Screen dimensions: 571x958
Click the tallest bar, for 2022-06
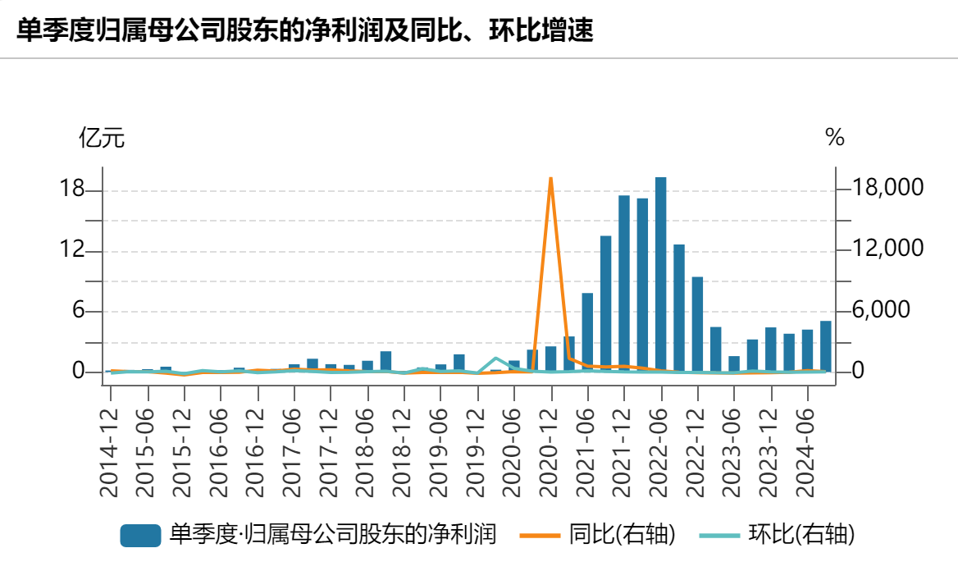point(660,274)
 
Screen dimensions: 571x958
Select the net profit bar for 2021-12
point(624,283)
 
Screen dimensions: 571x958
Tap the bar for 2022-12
point(697,324)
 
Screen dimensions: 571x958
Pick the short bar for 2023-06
point(734,363)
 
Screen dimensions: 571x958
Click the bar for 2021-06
point(587,332)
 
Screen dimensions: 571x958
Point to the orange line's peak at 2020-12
point(551,178)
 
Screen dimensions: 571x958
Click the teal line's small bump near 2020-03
point(495,359)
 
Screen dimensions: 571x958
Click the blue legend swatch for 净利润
point(139,536)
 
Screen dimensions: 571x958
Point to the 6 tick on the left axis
point(79,311)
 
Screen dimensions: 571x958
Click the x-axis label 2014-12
point(109,444)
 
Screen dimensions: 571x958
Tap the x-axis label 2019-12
point(477,444)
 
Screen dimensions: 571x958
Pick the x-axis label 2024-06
point(808,444)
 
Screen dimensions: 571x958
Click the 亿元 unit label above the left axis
point(102,138)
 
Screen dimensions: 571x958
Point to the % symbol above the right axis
point(835,138)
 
